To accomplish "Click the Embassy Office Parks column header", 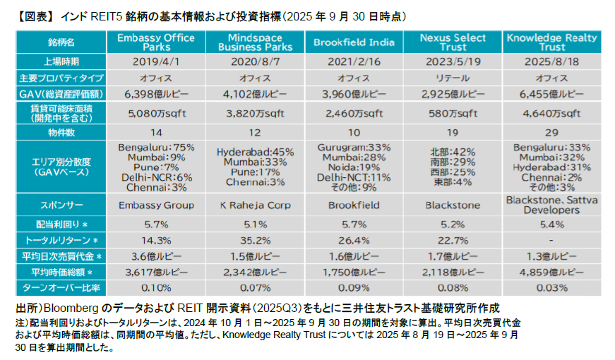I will coord(155,42).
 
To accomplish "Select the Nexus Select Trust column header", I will coord(452,42).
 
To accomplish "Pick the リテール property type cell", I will coord(453,78).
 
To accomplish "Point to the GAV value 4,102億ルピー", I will coord(255,94).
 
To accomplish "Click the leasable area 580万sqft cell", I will coord(453,113).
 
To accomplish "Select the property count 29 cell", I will coord(551,132).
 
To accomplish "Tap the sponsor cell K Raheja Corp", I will coord(255,205).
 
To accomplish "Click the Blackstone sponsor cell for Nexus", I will coord(453,205).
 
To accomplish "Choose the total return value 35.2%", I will coord(255,239).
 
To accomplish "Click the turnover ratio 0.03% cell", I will coord(551,288).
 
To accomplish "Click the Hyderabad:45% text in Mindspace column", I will coord(255,152).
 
